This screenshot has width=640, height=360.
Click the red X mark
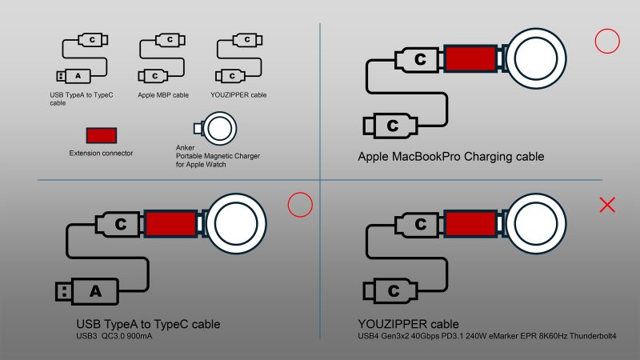coord(607,205)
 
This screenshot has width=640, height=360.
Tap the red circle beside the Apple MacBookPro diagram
coord(607,41)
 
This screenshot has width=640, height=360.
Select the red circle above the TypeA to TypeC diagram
coord(300,205)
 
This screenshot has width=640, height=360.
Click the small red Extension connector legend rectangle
coord(102,135)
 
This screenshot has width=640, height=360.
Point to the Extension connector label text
coord(101,153)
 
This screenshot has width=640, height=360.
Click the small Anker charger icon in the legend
coord(215,129)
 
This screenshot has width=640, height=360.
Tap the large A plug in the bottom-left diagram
coord(87,291)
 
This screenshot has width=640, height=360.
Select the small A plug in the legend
coord(74,76)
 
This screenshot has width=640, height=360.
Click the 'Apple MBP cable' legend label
coord(163,95)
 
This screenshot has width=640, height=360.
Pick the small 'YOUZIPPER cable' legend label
coord(238,94)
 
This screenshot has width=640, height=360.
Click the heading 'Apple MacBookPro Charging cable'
coord(451,157)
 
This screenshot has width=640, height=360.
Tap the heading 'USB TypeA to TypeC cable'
coord(148,324)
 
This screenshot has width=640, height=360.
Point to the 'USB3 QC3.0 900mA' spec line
coord(114,336)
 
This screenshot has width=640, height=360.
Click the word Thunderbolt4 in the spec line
coord(593,336)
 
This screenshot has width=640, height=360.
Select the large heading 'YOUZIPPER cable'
coord(408,324)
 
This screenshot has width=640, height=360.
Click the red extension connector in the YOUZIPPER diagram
coord(470,224)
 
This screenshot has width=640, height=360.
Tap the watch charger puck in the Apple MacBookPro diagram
coord(536,58)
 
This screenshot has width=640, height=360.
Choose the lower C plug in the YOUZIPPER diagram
coord(390,291)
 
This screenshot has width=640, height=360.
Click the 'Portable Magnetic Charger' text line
coord(218,156)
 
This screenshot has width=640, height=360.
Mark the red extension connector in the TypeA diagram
coord(171,224)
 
